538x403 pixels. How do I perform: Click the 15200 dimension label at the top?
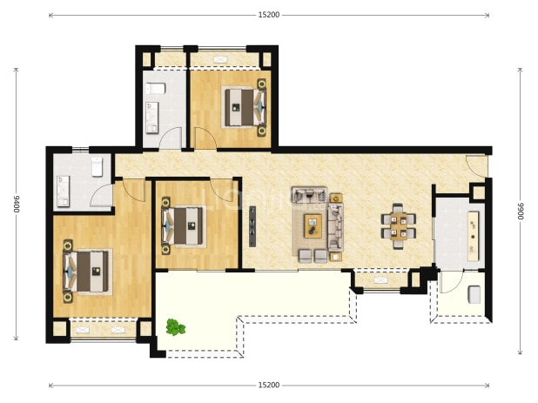click(x=269, y=15)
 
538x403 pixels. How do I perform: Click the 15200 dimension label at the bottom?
click(x=269, y=386)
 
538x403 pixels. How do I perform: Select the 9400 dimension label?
click(x=17, y=204)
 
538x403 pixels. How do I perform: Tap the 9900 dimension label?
click(x=521, y=211)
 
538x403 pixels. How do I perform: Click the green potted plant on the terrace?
click(x=175, y=327)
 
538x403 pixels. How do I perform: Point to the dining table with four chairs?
click(x=398, y=226)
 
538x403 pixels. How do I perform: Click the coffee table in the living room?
click(x=313, y=226)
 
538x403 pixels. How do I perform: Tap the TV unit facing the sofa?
click(x=252, y=226)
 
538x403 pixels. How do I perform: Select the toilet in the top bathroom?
click(x=156, y=89)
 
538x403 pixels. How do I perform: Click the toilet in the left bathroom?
click(x=98, y=167)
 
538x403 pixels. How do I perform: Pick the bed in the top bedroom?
click(x=245, y=107)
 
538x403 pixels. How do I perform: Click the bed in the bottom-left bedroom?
click(x=86, y=271)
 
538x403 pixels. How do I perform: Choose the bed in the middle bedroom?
click(x=184, y=225)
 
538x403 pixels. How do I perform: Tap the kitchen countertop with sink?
click(x=474, y=236)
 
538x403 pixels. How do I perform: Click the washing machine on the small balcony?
click(x=474, y=294)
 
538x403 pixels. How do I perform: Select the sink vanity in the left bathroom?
click(x=64, y=191)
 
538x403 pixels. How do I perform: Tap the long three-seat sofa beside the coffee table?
click(x=335, y=226)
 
